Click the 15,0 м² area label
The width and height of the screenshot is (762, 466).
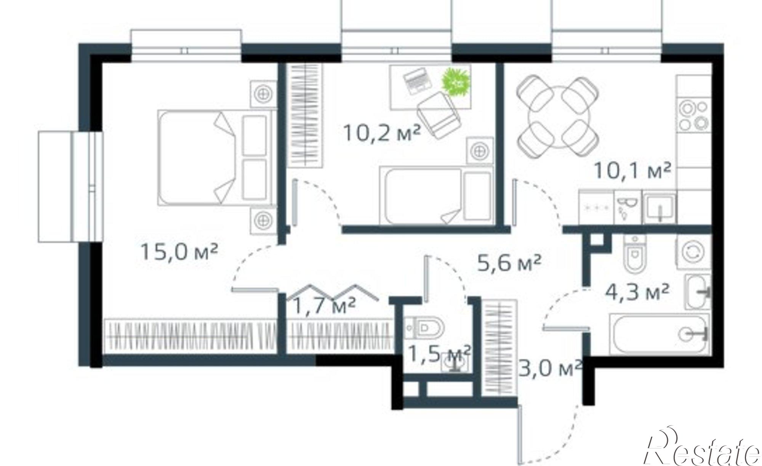click(179, 252)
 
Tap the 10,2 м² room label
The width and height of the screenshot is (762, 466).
click(382, 133)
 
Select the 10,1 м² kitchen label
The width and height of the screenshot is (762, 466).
click(632, 170)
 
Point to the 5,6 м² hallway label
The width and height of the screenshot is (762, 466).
click(509, 263)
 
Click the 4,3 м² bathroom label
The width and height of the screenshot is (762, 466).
click(637, 293)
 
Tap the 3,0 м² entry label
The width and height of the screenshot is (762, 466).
click(551, 368)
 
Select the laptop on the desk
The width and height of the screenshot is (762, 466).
click(417, 81)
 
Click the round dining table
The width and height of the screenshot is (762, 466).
click(557, 116)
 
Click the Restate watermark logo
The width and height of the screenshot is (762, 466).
click(701, 452)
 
